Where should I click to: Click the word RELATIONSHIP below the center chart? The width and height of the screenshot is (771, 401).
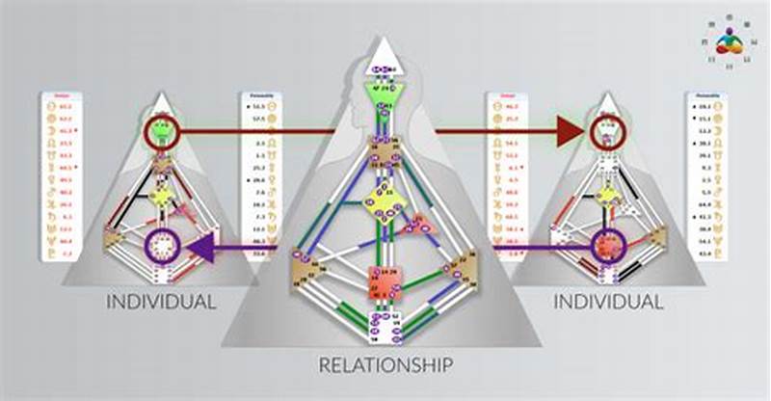click(385, 365)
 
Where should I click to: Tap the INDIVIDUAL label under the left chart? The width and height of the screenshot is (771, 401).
click(160, 302)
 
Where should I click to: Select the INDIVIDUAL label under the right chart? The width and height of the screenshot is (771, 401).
click(608, 302)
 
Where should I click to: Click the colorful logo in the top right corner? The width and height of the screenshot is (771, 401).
click(730, 40)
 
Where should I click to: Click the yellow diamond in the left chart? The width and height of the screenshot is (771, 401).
click(163, 195)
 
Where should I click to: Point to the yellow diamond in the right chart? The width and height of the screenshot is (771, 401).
click(606, 195)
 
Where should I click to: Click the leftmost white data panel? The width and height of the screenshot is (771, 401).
click(60, 176)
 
